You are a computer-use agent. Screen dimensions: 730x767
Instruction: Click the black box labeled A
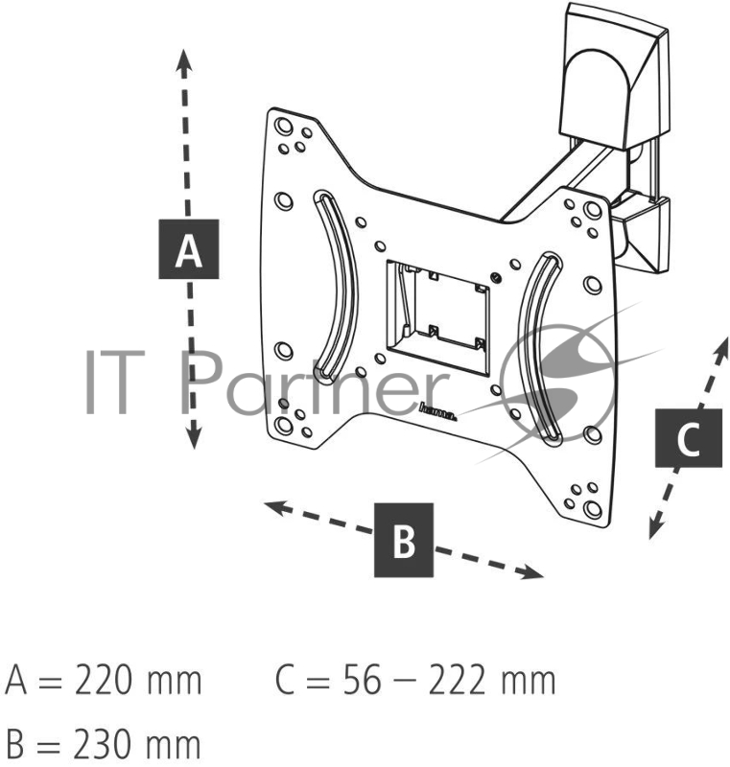[188, 249]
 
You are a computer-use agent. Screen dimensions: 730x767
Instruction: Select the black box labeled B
[404, 540]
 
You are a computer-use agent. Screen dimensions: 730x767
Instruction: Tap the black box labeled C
[689, 438]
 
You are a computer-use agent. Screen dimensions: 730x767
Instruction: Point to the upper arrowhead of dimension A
[183, 62]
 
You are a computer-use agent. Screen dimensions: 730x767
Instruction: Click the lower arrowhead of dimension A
[194, 435]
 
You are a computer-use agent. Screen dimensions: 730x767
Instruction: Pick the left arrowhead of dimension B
[276, 508]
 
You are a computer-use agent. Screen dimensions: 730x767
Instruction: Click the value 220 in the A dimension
[104, 680]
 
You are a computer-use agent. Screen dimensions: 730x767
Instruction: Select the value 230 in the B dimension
[104, 744]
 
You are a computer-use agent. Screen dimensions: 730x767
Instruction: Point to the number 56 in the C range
[362, 680]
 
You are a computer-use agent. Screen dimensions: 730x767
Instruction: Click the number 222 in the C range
[457, 680]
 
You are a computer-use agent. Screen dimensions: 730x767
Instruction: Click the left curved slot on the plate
[337, 286]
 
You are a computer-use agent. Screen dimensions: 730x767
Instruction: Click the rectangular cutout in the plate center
[437, 318]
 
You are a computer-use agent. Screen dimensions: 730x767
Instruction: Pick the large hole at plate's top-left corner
[284, 126]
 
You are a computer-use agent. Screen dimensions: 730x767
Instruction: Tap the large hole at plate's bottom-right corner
[593, 509]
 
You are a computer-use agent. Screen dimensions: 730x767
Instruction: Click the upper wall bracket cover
[613, 76]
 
